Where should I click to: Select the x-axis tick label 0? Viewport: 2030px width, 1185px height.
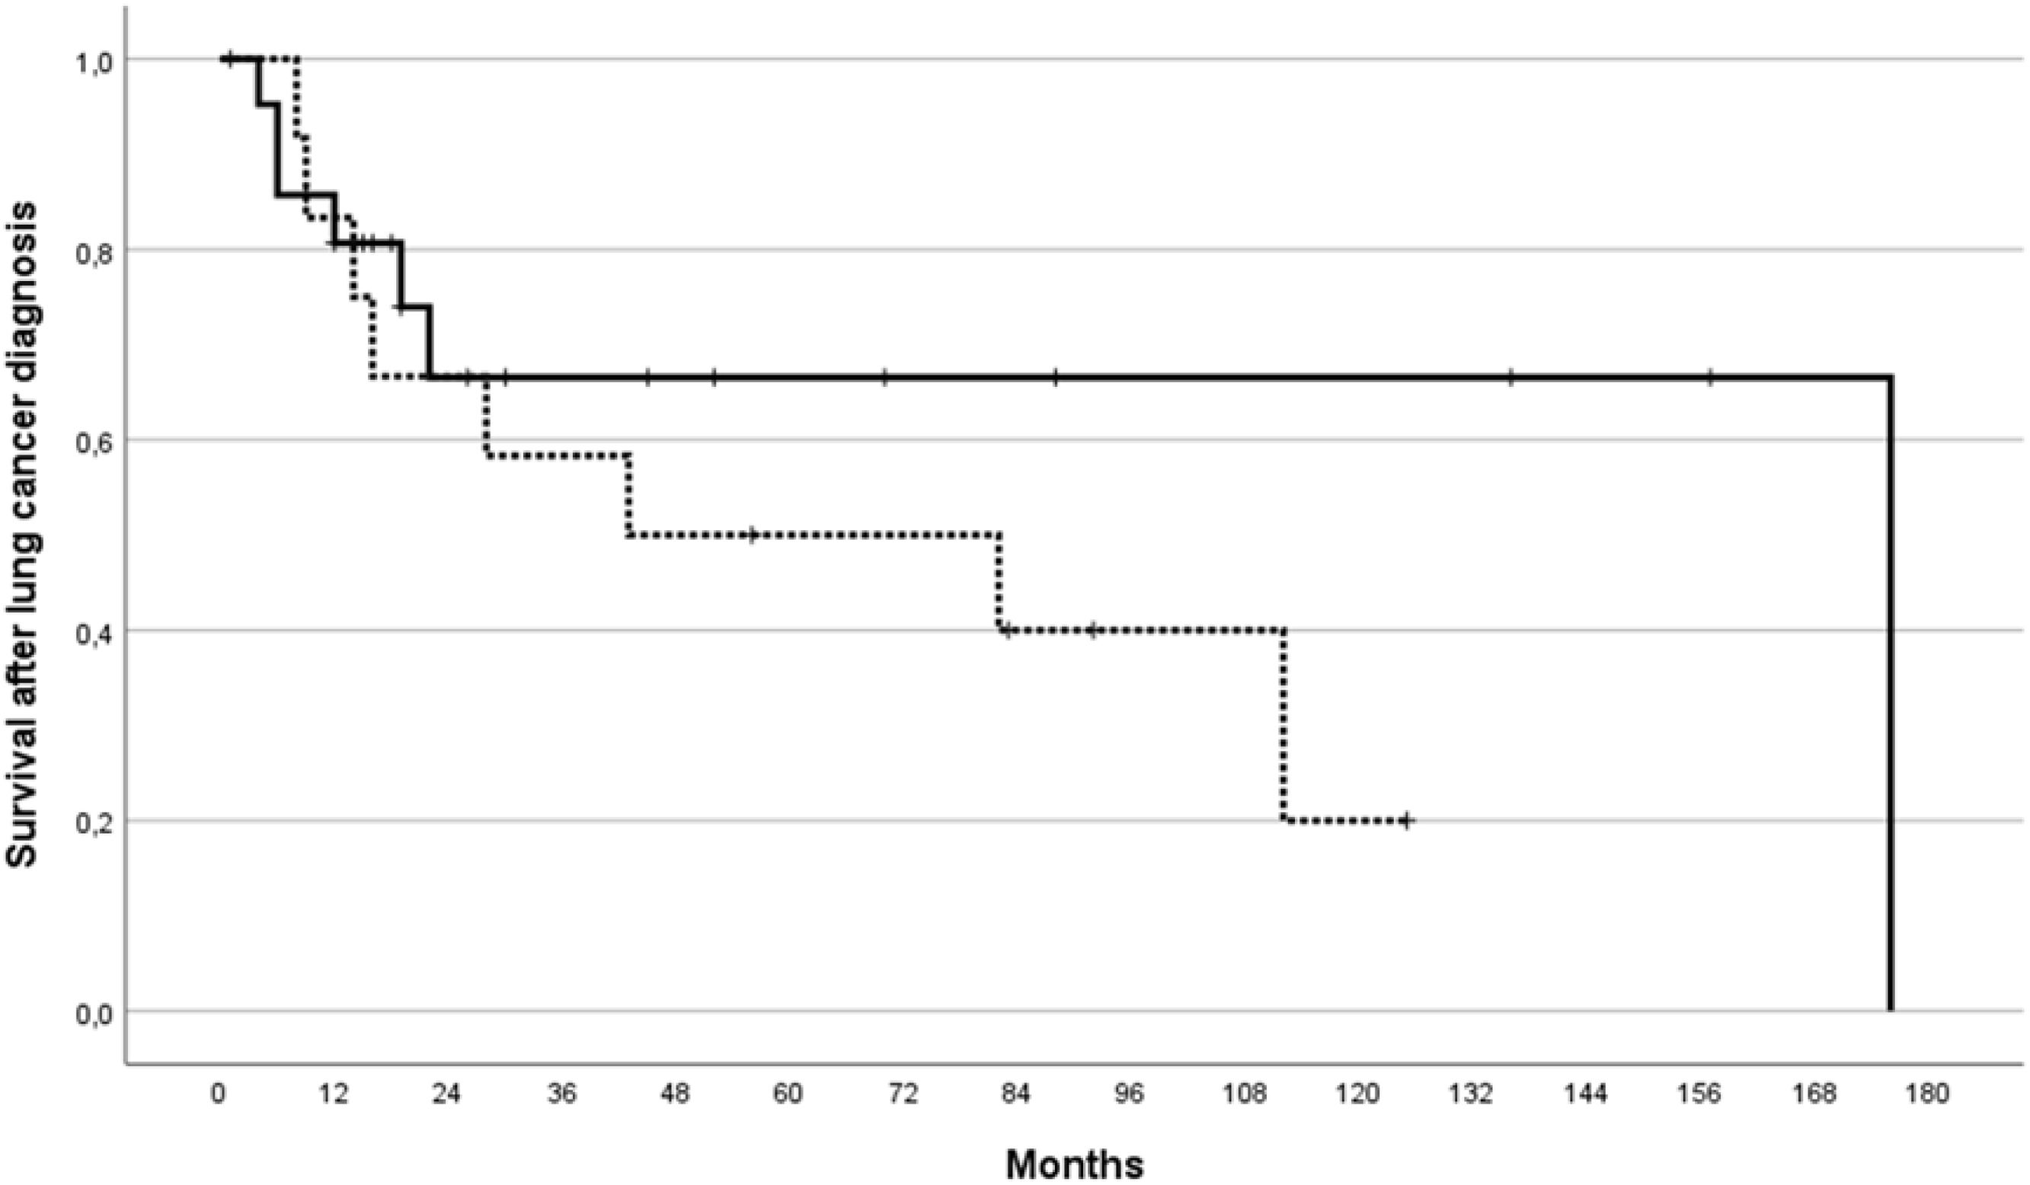[x=219, y=1095]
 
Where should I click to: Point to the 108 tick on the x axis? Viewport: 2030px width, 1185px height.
[x=1244, y=1095]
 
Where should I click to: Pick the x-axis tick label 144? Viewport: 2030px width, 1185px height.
[x=1586, y=1095]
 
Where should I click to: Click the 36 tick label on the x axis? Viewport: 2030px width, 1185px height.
[x=560, y=1095]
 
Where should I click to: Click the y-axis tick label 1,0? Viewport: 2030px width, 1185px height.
[x=93, y=60]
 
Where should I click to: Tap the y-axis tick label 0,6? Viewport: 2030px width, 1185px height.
[x=93, y=441]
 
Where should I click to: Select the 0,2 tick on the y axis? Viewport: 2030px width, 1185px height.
[x=93, y=822]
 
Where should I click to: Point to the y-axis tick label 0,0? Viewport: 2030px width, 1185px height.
[x=93, y=1012]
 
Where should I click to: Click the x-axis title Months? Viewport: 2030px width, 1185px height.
[x=1075, y=1163]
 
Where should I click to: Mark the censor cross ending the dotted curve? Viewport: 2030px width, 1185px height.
[x=1406, y=821]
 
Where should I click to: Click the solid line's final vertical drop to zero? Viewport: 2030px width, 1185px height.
[x=1891, y=694]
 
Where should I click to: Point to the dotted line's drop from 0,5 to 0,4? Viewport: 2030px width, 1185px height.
[x=999, y=582]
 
